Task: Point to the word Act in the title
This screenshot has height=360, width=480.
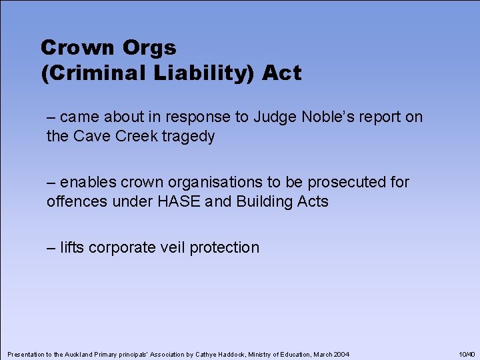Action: [x=282, y=73]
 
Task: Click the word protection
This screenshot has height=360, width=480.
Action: [x=225, y=247]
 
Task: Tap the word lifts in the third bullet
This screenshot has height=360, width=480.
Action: [x=72, y=247]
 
